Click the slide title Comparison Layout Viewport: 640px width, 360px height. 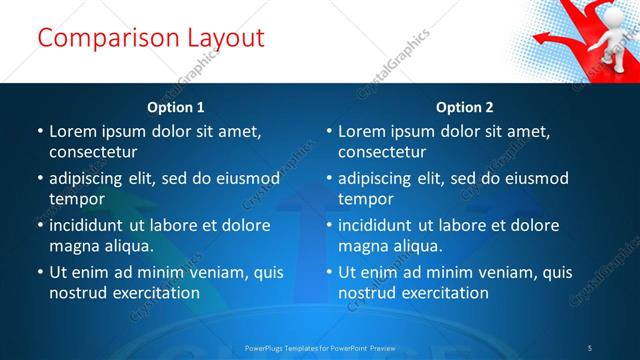150,38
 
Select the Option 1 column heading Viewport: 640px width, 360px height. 176,107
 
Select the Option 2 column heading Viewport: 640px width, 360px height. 465,107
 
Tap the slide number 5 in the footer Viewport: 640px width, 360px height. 589,347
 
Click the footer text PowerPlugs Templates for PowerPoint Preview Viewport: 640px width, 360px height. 320,347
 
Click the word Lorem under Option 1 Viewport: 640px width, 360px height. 72,131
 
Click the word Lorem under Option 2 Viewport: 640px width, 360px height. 361,131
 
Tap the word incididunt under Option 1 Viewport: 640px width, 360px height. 92,225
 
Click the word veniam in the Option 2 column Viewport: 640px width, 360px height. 506,272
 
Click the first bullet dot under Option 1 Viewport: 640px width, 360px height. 40,131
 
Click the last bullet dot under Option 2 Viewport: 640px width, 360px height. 329,272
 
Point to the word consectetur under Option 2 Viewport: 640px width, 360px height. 381,152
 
